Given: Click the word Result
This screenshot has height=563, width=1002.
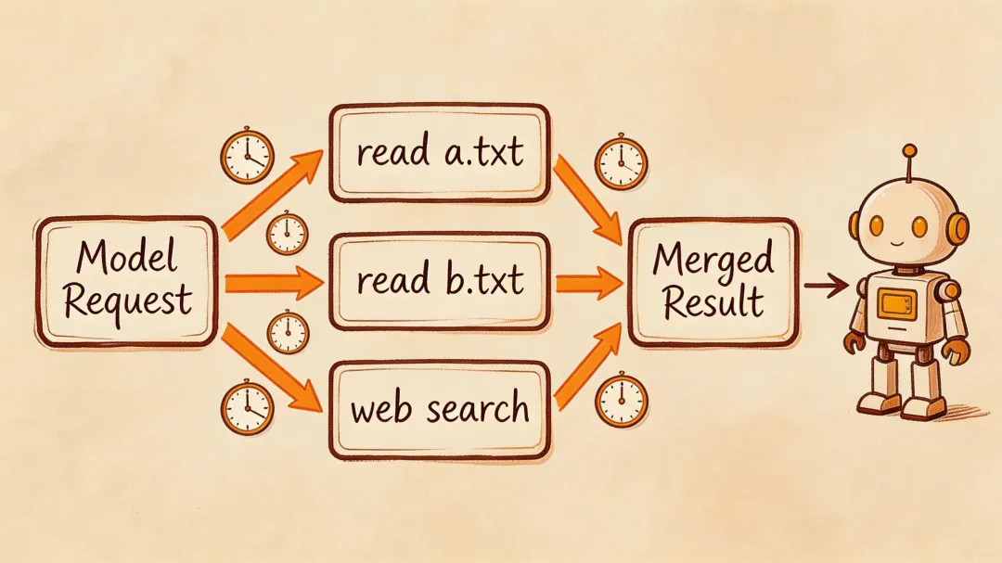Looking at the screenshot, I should click(713, 301).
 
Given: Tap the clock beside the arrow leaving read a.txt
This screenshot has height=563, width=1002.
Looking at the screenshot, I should click(620, 162).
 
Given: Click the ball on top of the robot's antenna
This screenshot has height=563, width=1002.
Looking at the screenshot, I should click(909, 150).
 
